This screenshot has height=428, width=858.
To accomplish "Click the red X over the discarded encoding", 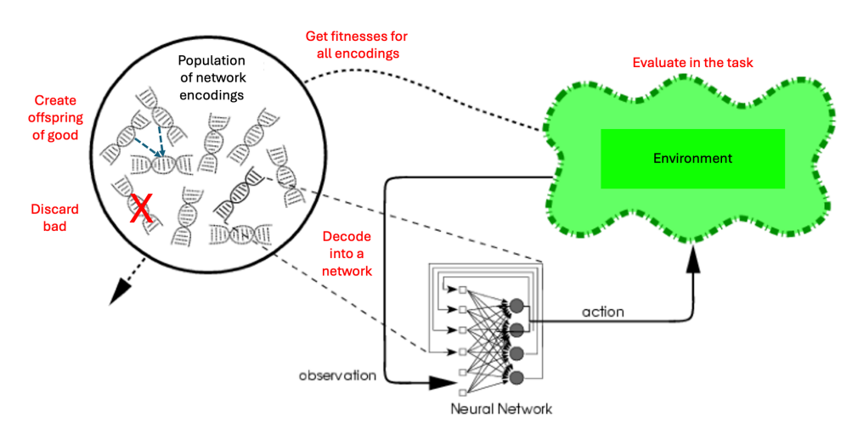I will [141, 208].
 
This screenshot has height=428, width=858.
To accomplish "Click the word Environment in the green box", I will [692, 158].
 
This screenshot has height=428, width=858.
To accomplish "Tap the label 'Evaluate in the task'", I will [692, 64].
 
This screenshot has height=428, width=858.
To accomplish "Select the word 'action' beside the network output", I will [602, 313].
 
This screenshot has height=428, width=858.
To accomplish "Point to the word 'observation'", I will [336, 374].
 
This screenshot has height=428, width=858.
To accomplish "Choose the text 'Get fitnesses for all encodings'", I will [357, 45].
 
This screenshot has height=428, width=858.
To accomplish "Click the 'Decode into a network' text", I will [346, 252].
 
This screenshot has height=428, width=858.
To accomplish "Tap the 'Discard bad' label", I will [54, 217].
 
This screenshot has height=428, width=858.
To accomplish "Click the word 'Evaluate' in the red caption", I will [659, 64].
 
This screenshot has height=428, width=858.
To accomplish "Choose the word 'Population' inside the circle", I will [211, 62].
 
